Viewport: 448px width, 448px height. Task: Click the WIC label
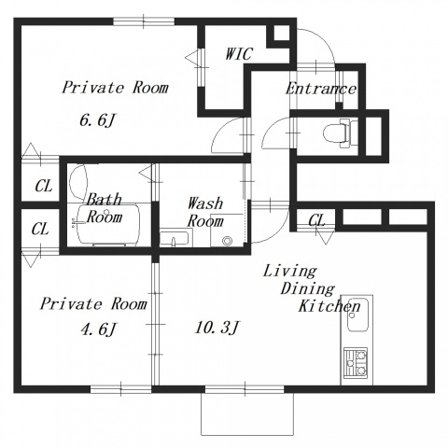coord(239,53)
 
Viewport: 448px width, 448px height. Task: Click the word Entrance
coord(321,89)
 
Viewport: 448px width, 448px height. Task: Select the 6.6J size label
coord(98,120)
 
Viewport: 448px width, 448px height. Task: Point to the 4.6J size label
coord(98,329)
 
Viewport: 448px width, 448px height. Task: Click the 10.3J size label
coord(217,328)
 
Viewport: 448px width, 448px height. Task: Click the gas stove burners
coord(356,363)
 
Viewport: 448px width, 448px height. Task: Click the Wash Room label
coord(205,212)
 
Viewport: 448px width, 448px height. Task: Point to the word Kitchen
coord(329,306)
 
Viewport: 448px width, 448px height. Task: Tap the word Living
coord(290,272)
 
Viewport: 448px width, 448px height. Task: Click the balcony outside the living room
coord(247,413)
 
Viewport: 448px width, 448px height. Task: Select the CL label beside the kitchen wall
coord(316,220)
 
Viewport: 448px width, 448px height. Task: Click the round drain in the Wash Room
coord(228,240)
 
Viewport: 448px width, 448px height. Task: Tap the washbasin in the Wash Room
coord(174,239)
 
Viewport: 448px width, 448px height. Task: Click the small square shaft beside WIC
coord(282,33)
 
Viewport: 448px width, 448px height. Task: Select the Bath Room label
coord(104,208)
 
